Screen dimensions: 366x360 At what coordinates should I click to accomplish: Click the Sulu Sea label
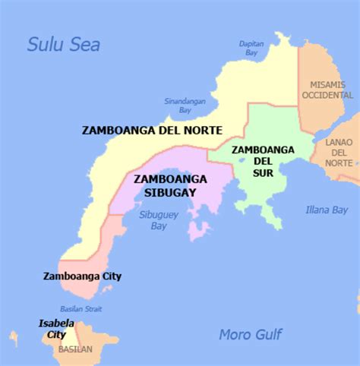64,44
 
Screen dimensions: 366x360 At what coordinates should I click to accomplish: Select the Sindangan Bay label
178,105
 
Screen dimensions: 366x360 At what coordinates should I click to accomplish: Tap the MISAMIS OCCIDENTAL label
328,90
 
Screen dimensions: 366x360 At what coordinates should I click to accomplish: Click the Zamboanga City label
82,276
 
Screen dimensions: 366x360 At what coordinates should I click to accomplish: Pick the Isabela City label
56,329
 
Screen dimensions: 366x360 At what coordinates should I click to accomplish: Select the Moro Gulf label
250,334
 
